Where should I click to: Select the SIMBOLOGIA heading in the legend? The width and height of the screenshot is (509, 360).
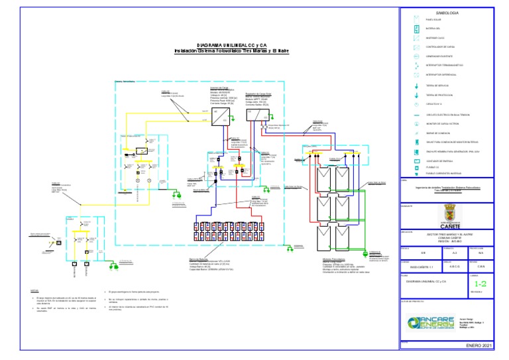447,13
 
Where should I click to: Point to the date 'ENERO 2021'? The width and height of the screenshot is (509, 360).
479,346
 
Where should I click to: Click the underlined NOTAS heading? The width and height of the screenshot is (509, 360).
34,290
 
